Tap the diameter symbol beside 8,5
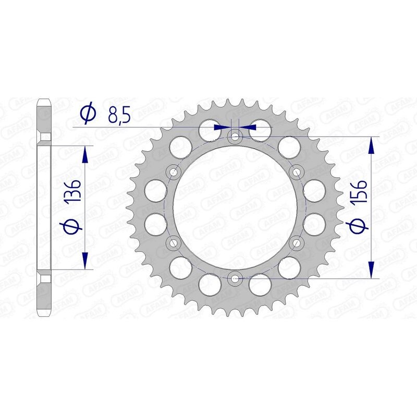click(88, 112)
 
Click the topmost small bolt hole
click(235, 137)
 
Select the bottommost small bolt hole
click(235, 278)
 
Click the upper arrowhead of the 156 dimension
click(371, 145)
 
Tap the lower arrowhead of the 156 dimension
click(371, 269)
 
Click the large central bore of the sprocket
click(235, 207)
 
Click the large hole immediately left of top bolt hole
click(210, 132)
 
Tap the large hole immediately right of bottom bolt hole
click(260, 284)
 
